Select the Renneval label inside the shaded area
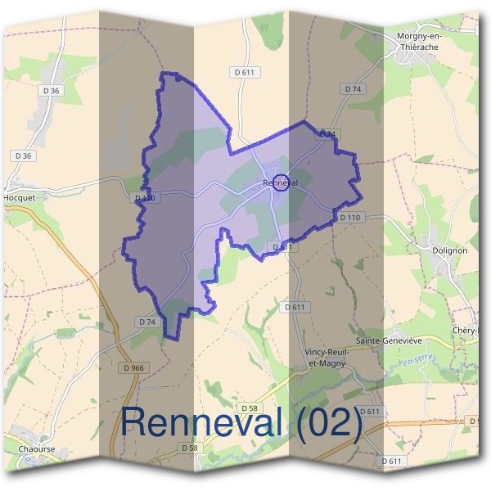[280, 182]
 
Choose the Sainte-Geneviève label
[388, 339]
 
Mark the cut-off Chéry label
[475, 330]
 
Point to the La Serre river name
[418, 360]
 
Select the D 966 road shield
[131, 368]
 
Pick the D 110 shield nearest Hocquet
[144, 198]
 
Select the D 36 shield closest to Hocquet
[22, 155]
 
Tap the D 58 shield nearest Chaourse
[188, 448]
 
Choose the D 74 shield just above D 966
[147, 322]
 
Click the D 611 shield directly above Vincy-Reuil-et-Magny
[295, 306]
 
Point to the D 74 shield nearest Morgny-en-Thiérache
[353, 88]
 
